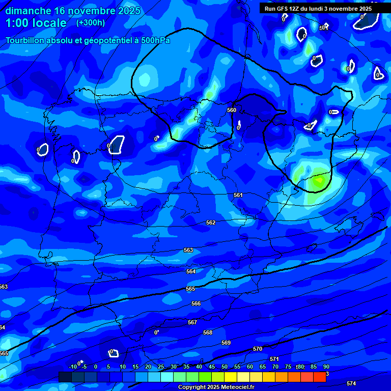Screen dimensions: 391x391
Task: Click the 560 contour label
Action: pyautogui.click(x=232, y=110)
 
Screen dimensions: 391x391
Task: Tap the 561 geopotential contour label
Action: pyautogui.click(x=238, y=195)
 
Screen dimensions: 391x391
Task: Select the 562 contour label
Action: pyautogui.click(x=211, y=222)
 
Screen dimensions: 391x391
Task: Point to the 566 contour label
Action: pyautogui.click(x=196, y=303)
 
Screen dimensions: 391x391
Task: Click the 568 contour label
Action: pyautogui.click(x=208, y=332)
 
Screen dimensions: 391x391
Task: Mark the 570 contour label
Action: pyautogui.click(x=258, y=349)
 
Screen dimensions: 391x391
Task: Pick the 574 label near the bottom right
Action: pyautogui.click(x=351, y=383)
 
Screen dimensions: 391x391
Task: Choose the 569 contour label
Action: pyautogui.click(x=226, y=343)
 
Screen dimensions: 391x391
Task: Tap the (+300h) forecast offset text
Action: pyautogui.click(x=91, y=22)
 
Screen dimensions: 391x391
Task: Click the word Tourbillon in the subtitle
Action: pyautogui.click(x=26, y=40)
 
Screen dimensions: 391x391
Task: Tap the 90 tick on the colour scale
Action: pyautogui.click(x=326, y=367)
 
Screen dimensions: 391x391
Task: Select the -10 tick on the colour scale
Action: pyautogui.click(x=73, y=367)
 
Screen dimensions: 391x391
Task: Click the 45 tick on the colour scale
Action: pyautogui.click(x=212, y=367)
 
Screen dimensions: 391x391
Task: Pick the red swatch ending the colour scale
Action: pyautogui.click(x=319, y=377)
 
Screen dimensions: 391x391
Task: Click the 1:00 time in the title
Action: pyautogui.click(x=17, y=23)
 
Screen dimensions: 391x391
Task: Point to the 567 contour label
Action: pyautogui.click(x=192, y=322)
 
